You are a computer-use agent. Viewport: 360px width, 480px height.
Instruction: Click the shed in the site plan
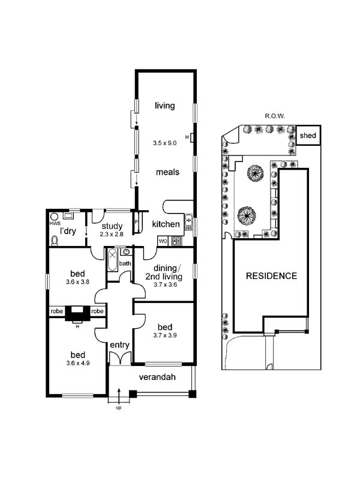(308, 135)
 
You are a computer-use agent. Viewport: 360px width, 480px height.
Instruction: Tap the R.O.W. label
(275, 116)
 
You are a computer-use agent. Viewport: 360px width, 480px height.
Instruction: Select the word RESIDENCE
(272, 276)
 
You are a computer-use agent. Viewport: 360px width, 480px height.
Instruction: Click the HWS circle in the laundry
(54, 217)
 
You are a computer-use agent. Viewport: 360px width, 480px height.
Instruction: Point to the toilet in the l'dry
(55, 241)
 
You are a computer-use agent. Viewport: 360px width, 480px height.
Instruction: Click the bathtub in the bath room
(112, 260)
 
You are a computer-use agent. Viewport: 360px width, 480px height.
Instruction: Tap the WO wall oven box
(163, 241)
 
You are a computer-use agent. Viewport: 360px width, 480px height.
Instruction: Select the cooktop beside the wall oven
(176, 241)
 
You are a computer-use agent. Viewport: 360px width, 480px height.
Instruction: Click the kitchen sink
(188, 222)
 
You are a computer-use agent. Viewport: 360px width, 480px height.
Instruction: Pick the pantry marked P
(136, 222)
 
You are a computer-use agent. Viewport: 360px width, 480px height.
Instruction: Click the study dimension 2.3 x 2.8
(112, 234)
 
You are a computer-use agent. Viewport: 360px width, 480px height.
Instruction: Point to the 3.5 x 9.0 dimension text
(164, 143)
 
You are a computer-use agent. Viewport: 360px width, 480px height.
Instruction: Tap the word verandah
(157, 377)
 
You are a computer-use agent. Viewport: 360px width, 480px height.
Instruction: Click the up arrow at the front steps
(119, 395)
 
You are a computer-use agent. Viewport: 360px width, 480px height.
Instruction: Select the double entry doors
(119, 359)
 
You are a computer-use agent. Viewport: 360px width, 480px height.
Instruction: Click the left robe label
(56, 311)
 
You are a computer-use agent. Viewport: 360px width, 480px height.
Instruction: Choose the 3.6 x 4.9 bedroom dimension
(78, 364)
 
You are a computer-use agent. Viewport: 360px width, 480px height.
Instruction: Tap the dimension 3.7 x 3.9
(165, 335)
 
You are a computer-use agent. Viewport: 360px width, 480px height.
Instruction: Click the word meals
(167, 172)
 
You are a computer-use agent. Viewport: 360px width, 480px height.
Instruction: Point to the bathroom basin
(125, 252)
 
